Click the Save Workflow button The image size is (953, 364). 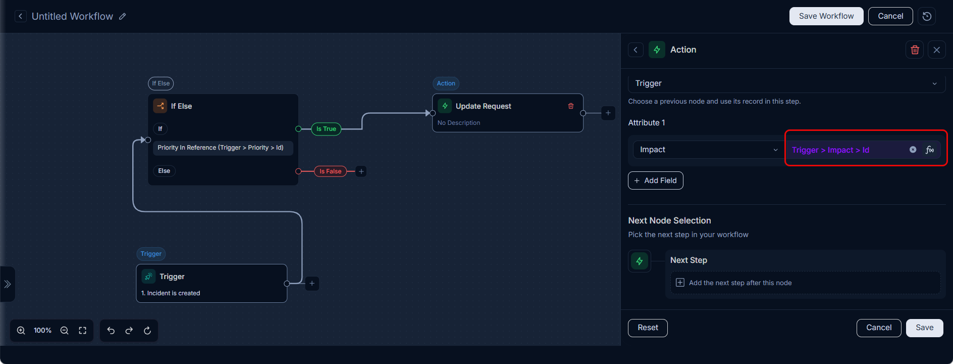tap(826, 16)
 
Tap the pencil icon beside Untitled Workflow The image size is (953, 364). tap(123, 16)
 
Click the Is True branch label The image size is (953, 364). tap(326, 129)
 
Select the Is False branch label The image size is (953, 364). tap(330, 171)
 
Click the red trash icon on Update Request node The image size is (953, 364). tap(571, 106)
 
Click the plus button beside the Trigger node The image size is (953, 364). tap(312, 284)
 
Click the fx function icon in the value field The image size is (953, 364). tap(930, 150)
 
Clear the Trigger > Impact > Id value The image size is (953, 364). tap(913, 150)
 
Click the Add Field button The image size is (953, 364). tap(655, 180)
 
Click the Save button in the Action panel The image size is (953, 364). tap(924, 328)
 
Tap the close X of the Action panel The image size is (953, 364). tap(937, 50)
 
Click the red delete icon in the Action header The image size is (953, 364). tap(915, 50)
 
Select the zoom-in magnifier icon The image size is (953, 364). tap(21, 331)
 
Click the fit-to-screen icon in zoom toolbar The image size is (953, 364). tap(83, 331)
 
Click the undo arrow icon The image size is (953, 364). tap(111, 331)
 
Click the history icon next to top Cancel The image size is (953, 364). tap(927, 16)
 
